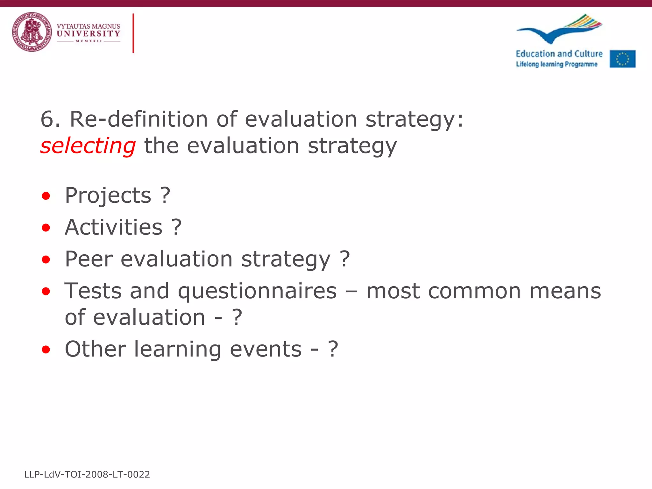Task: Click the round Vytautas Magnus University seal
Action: click(32, 32)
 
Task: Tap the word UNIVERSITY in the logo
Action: click(88, 34)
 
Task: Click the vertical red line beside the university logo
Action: click(133, 33)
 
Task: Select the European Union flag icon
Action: click(622, 59)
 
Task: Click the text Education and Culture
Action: click(559, 54)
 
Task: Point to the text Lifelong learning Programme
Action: click(556, 64)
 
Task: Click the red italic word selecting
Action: click(88, 146)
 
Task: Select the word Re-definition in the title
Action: click(139, 119)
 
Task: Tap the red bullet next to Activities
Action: click(46, 228)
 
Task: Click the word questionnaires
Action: click(257, 291)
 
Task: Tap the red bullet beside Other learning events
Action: click(46, 350)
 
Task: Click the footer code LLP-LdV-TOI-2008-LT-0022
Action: click(87, 474)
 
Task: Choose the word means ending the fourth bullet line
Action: click(565, 291)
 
